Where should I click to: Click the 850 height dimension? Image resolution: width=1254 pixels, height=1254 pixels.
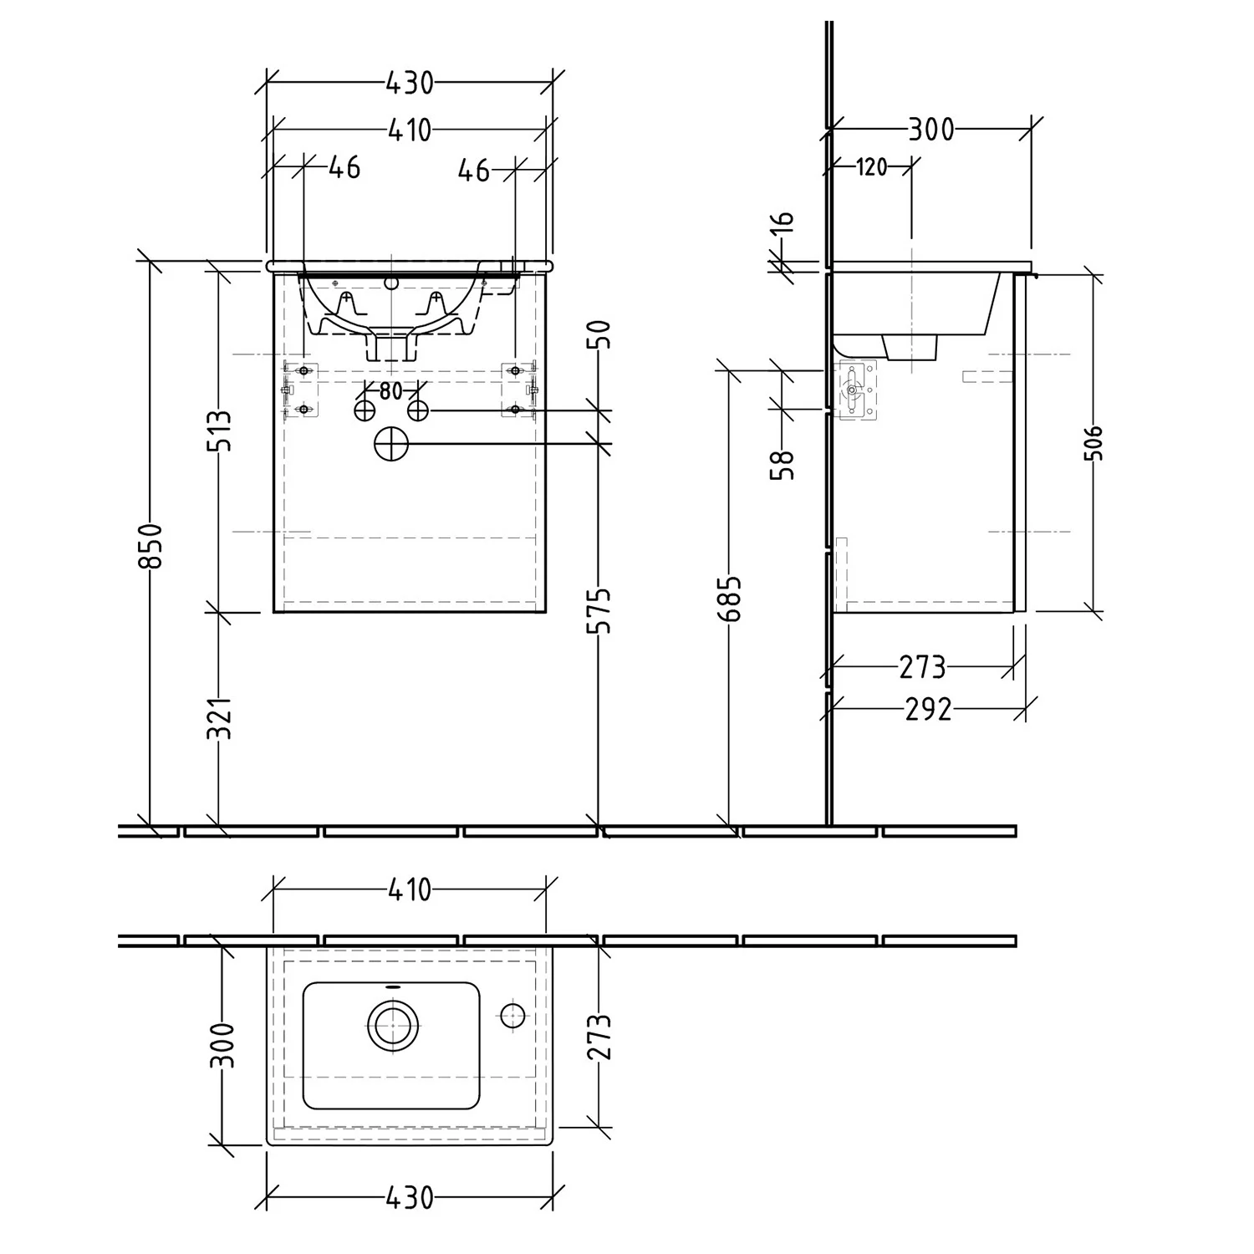151,545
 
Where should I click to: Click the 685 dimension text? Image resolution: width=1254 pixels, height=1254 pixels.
731,598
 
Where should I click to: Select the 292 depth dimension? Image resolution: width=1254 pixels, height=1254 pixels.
928,709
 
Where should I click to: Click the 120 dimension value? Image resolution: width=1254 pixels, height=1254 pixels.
871,167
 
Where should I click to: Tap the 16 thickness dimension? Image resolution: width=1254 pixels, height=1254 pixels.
783,222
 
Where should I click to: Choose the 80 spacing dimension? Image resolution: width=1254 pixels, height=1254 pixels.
390,390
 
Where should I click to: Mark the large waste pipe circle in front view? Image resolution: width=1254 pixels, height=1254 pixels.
390,444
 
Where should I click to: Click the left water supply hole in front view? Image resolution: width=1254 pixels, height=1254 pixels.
364,410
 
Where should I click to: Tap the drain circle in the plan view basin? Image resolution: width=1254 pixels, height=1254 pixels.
390,1023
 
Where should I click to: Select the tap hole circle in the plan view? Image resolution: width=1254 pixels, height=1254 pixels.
512,1016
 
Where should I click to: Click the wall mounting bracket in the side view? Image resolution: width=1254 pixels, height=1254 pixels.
854,390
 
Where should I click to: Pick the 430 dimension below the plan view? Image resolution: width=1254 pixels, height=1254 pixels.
410,1197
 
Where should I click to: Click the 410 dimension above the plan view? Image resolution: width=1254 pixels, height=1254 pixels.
409,889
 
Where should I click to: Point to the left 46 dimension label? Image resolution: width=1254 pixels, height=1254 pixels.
344,167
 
